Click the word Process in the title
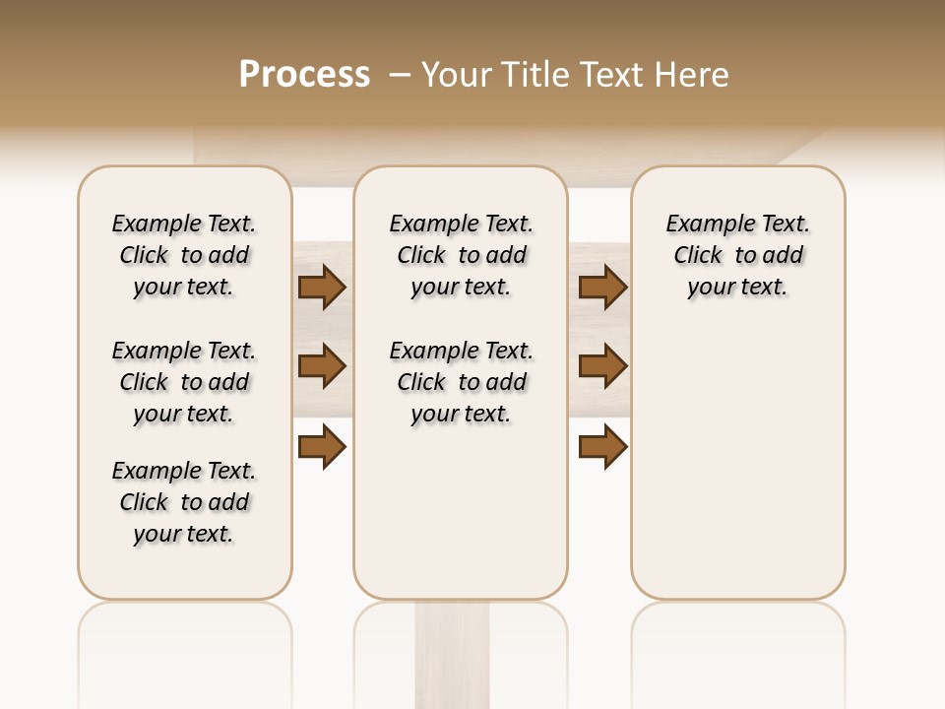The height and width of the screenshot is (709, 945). pos(304,75)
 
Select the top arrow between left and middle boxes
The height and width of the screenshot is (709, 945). pos(321,287)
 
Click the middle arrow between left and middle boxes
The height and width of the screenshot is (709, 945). pos(321,366)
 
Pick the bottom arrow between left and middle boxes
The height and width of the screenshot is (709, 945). pos(321,447)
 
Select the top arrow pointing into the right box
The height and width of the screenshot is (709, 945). pos(602,287)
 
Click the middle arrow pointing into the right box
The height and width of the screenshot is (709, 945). pos(602,366)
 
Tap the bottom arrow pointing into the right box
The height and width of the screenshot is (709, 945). pos(602,447)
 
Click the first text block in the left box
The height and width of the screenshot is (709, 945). pos(184,255)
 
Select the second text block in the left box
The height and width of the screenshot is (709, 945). pos(184,382)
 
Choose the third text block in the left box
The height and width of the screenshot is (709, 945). pos(184,502)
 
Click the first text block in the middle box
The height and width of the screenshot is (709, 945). pos(461,255)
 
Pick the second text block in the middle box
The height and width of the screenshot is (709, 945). pos(461,382)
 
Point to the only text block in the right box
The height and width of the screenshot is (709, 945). pos(738,255)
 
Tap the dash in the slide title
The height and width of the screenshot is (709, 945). pos(400,75)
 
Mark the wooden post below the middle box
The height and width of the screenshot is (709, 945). pos(452,655)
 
